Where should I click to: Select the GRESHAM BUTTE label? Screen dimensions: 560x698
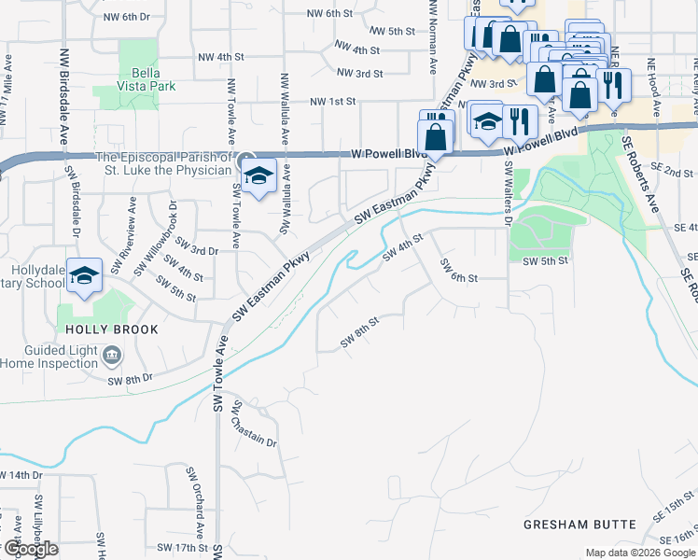tap(579, 525)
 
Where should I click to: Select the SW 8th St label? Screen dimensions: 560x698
tap(359, 332)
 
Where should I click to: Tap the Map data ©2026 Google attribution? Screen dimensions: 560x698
tap(639, 553)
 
